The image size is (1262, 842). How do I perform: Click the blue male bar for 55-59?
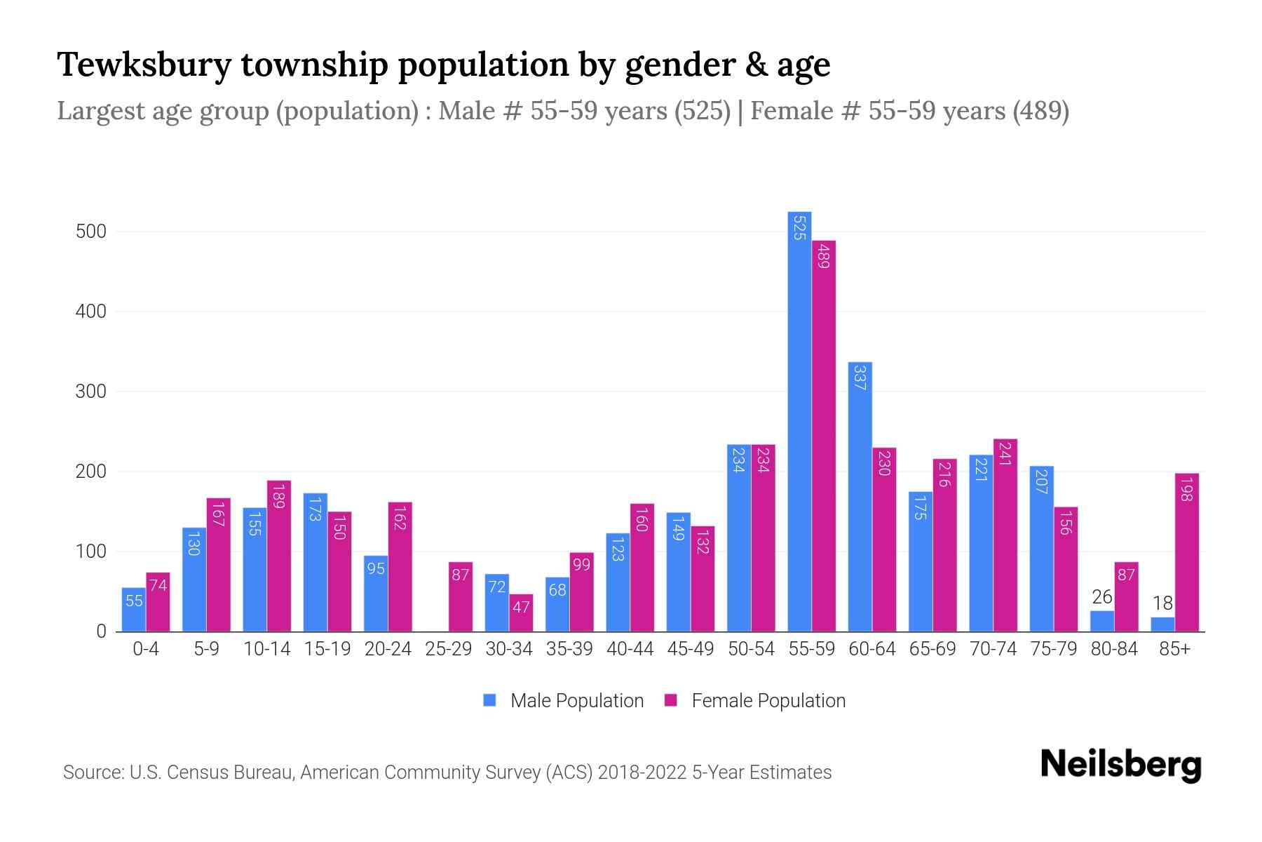tap(799, 421)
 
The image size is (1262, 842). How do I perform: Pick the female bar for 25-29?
tap(461, 596)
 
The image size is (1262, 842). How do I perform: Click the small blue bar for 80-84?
tap(1101, 621)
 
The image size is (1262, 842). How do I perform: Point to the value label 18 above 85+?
tap(1162, 603)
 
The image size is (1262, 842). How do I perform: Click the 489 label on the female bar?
tap(824, 255)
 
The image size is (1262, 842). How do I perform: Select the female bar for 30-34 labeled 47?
tap(521, 613)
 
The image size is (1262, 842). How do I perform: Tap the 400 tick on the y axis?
tap(90, 312)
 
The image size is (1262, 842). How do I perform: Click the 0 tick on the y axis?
tap(102, 631)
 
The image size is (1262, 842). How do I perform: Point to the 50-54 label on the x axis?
tap(751, 649)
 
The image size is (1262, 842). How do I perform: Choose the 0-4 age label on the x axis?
tap(146, 649)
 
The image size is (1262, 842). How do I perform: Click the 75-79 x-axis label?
tap(1053, 649)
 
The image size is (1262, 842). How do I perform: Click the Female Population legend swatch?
tap(671, 700)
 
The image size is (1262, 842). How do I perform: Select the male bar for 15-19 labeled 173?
tap(315, 562)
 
